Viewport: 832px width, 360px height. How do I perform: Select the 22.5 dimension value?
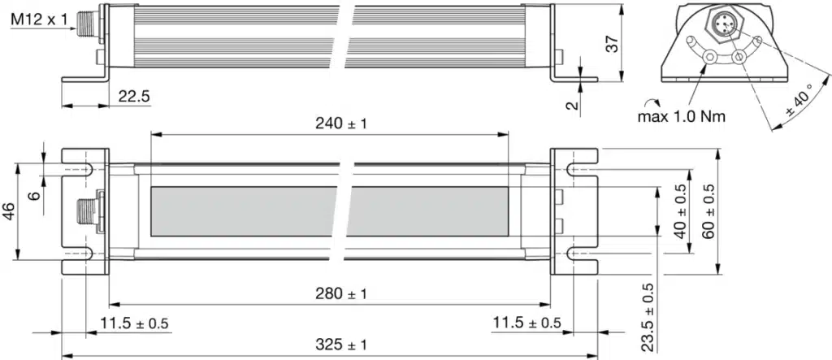point(133,96)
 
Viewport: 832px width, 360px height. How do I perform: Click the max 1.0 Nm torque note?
point(682,116)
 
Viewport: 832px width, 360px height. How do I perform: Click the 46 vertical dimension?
point(9,212)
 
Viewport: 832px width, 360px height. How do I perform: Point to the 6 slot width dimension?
point(33,195)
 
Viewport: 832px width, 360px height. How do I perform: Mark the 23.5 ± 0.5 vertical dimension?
point(647,316)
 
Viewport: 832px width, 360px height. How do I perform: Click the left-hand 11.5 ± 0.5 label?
point(134,323)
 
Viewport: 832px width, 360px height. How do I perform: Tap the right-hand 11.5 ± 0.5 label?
point(526,323)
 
